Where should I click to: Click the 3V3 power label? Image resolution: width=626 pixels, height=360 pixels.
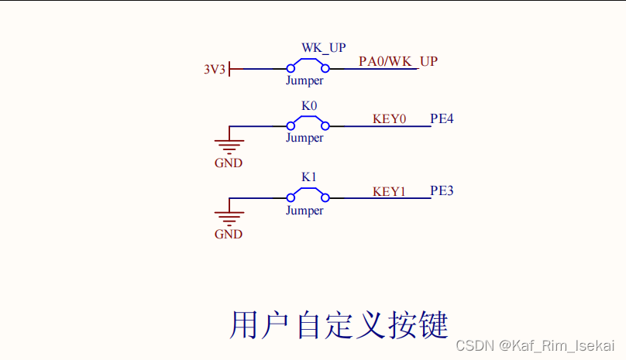[x=215, y=70]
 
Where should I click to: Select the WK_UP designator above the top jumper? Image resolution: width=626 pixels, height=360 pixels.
[x=323, y=48]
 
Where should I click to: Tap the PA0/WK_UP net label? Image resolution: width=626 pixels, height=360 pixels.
[x=397, y=61]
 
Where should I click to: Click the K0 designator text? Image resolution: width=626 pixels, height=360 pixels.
[x=309, y=105]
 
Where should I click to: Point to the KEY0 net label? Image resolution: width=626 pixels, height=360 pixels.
[x=389, y=119]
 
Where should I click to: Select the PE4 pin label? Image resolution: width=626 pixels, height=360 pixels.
[x=442, y=119]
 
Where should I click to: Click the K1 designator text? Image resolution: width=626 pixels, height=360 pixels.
[x=309, y=177]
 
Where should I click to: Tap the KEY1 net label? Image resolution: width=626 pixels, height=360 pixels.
[x=389, y=191]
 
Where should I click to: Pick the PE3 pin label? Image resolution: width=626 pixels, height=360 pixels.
[x=442, y=190]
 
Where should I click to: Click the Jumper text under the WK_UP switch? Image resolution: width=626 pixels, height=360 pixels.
[x=304, y=80]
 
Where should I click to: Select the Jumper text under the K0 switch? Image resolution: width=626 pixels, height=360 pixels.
[x=304, y=138]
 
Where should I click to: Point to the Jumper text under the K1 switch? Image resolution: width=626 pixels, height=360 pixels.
[x=304, y=211]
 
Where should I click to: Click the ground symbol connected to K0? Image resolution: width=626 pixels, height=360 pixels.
[x=229, y=144]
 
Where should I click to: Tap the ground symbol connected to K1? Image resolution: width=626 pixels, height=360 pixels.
[x=229, y=216]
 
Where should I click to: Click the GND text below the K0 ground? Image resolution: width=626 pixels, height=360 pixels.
[x=229, y=163]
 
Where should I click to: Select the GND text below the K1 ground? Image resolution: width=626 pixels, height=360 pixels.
[x=229, y=235]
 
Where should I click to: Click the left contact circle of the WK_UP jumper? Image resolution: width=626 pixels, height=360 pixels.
[x=291, y=69]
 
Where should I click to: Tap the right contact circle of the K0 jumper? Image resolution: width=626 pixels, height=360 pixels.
[x=325, y=125]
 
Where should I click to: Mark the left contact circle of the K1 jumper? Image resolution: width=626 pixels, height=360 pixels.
[x=291, y=197]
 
